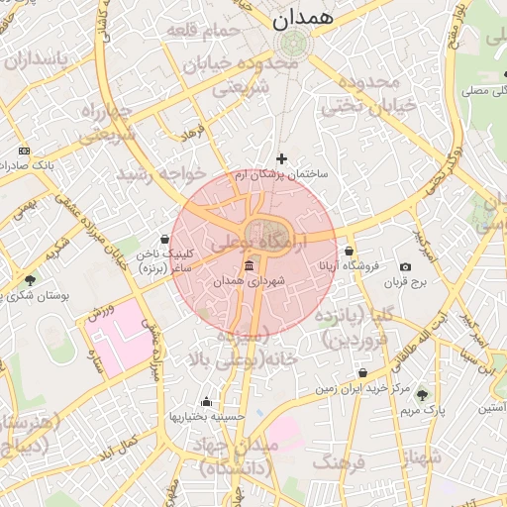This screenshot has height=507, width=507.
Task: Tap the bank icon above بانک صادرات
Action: coord(25,151)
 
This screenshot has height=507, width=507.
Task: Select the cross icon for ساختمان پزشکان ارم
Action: coord(282,157)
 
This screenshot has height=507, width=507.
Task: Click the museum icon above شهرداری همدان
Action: coord(249,266)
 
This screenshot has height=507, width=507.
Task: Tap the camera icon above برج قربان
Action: coord(405,266)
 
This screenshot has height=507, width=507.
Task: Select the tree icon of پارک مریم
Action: coord(423,393)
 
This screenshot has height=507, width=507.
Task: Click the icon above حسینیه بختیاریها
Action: coord(206,401)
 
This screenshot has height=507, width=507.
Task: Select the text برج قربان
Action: coord(405,282)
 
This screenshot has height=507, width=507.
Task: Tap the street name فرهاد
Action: coord(192,131)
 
